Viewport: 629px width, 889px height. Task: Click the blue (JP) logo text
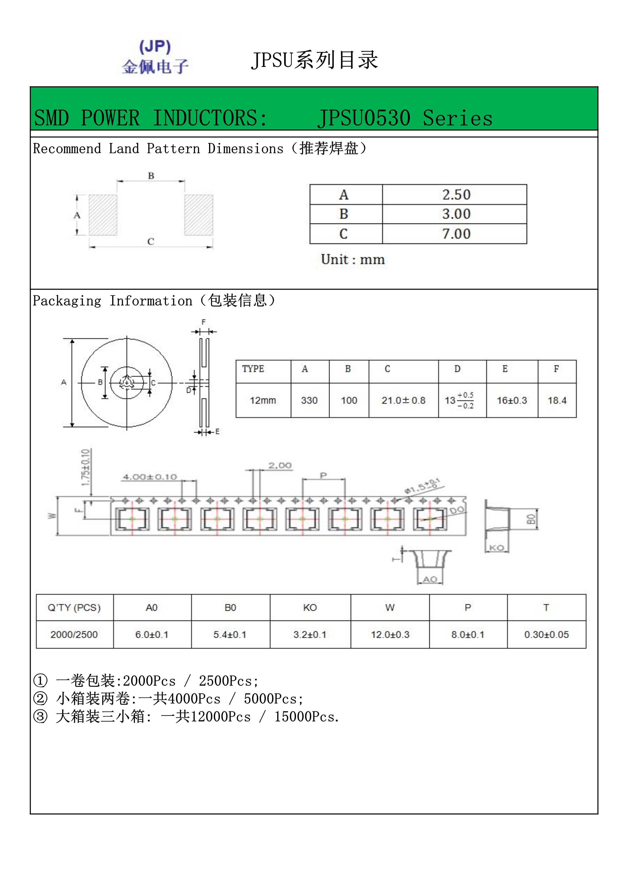pyautogui.click(x=155, y=47)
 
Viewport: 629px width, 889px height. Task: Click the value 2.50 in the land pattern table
pyautogui.click(x=456, y=195)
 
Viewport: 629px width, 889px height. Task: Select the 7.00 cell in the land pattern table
pyautogui.click(x=456, y=234)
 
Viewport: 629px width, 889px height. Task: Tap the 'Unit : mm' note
pyautogui.click(x=353, y=259)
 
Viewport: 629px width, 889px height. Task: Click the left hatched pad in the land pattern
pyautogui.click(x=103, y=215)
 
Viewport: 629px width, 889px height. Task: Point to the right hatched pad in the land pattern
pyautogui.click(x=199, y=215)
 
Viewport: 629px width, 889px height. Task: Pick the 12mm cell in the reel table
pyautogui.click(x=263, y=400)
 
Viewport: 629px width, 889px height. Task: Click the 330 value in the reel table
pyautogui.click(x=309, y=400)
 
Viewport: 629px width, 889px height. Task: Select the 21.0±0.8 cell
pyautogui.click(x=403, y=400)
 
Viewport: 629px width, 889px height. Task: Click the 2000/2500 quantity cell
pyautogui.click(x=74, y=634)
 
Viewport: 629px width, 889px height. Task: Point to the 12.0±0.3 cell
pyautogui.click(x=390, y=634)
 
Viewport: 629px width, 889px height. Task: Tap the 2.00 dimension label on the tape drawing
pyautogui.click(x=280, y=465)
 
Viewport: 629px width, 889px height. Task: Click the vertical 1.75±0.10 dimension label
pyautogui.click(x=85, y=468)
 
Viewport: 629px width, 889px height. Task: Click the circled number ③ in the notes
pyautogui.click(x=40, y=716)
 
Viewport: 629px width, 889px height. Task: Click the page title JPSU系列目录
pyautogui.click(x=314, y=60)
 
